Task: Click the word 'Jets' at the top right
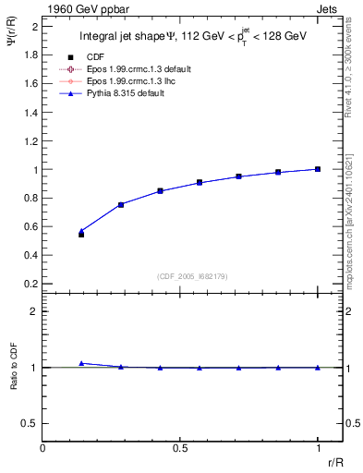328,8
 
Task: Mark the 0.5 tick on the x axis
180,448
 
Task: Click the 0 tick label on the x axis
43,448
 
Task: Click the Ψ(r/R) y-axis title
11,41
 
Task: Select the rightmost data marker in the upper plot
318,169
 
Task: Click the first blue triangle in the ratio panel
81,363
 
